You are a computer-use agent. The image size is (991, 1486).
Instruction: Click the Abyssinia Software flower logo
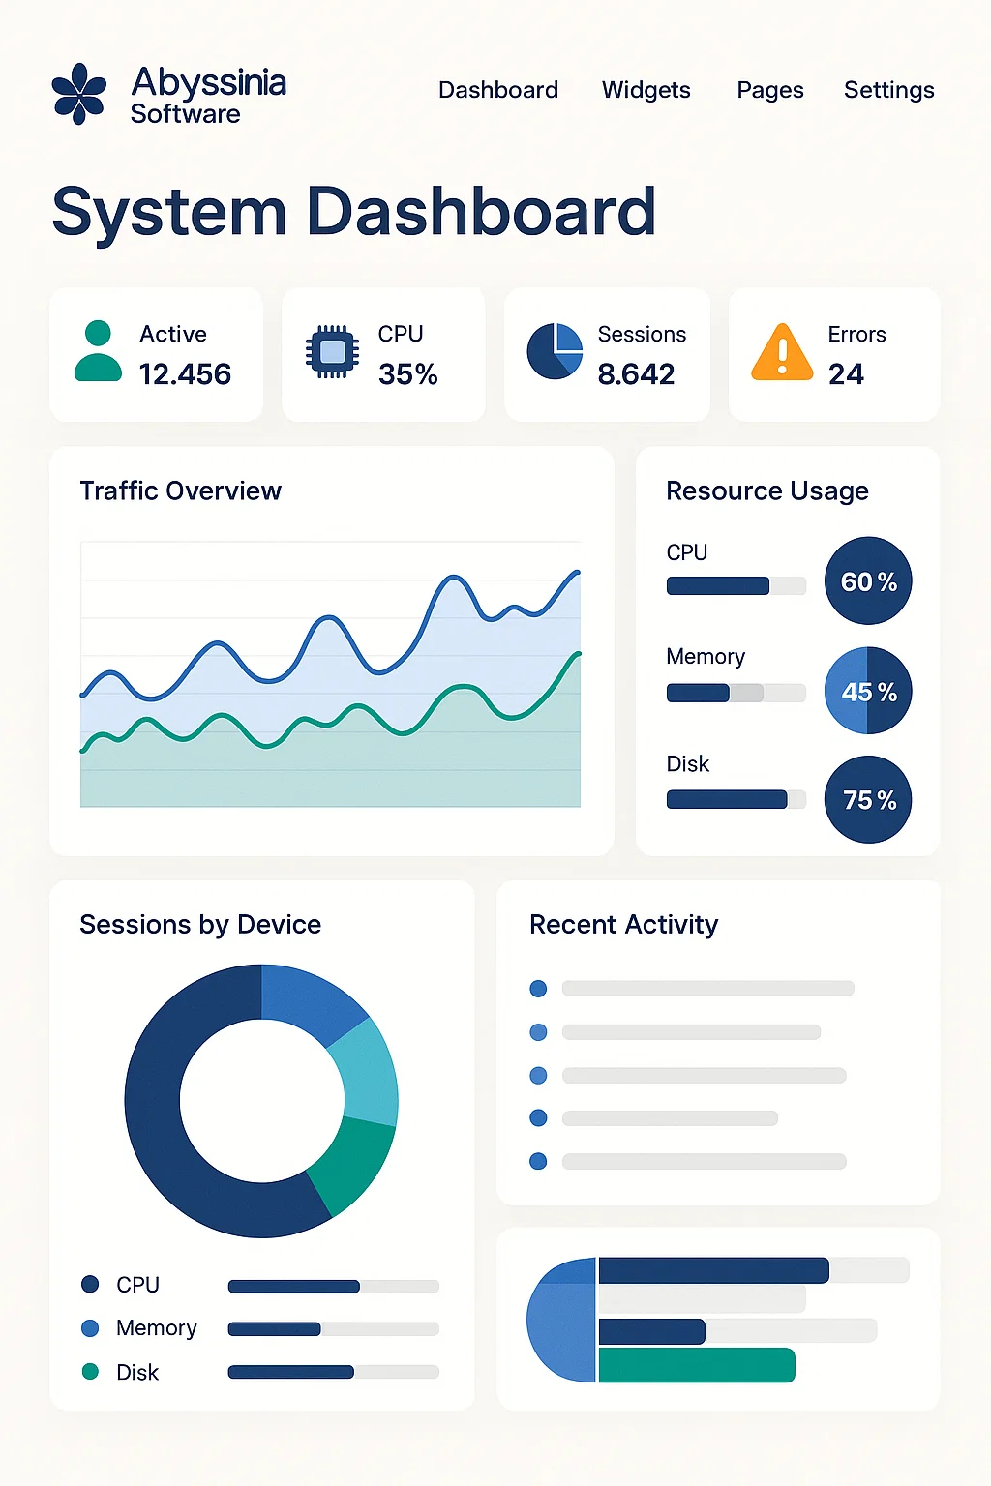pyautogui.click(x=78, y=94)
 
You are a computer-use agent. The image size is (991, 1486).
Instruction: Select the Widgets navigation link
pyautogui.click(x=646, y=90)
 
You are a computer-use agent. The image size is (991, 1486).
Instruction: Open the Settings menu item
pyautogui.click(x=888, y=90)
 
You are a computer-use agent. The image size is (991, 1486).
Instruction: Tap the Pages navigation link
pyautogui.click(x=769, y=90)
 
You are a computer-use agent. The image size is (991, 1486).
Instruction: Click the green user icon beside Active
pyautogui.click(x=98, y=352)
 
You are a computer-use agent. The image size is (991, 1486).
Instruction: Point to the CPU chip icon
pyautogui.click(x=332, y=351)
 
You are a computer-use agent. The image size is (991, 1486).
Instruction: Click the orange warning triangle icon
pyautogui.click(x=782, y=352)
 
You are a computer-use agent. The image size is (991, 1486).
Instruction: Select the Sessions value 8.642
pyautogui.click(x=636, y=374)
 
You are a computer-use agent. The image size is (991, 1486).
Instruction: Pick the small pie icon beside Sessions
pyautogui.click(x=555, y=351)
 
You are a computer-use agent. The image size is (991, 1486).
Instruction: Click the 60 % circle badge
pyautogui.click(x=868, y=580)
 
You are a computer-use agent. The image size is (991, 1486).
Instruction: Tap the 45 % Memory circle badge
pyautogui.click(x=868, y=691)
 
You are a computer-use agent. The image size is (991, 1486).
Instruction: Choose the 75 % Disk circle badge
pyautogui.click(x=868, y=799)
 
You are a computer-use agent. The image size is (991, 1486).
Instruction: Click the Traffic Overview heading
pyautogui.click(x=180, y=491)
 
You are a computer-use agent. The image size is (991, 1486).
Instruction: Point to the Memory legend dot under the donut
pyautogui.click(x=90, y=1328)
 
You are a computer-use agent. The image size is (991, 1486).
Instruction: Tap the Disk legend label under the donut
pyautogui.click(x=137, y=1373)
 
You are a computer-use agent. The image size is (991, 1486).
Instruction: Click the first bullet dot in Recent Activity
pyautogui.click(x=539, y=989)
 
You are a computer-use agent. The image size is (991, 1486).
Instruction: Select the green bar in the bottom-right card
pyautogui.click(x=697, y=1365)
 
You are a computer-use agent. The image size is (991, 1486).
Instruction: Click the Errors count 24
pyautogui.click(x=846, y=374)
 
